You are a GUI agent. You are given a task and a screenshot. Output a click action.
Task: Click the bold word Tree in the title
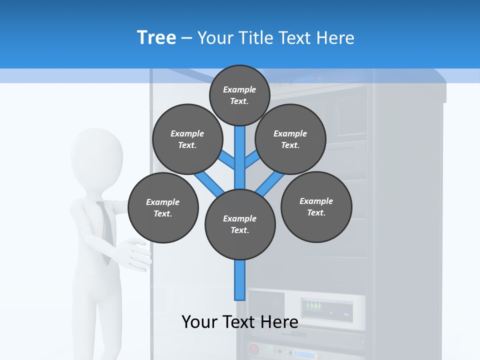click(156, 37)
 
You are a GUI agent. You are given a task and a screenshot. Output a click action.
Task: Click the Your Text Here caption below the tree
click(240, 321)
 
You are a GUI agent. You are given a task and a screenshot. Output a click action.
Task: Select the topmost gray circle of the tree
click(239, 95)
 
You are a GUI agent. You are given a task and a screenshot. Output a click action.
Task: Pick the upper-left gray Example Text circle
click(187, 139)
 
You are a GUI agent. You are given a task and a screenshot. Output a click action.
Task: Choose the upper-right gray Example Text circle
click(290, 139)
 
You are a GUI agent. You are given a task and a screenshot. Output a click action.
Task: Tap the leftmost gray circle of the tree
click(163, 207)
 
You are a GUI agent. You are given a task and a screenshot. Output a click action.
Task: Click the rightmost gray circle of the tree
click(316, 206)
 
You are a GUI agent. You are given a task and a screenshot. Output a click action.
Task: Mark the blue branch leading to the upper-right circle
click(252, 160)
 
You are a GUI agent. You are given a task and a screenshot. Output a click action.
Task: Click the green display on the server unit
click(313, 305)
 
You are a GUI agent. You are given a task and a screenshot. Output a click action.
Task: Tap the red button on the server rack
click(254, 348)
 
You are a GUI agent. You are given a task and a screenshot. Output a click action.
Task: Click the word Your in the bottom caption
click(199, 321)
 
